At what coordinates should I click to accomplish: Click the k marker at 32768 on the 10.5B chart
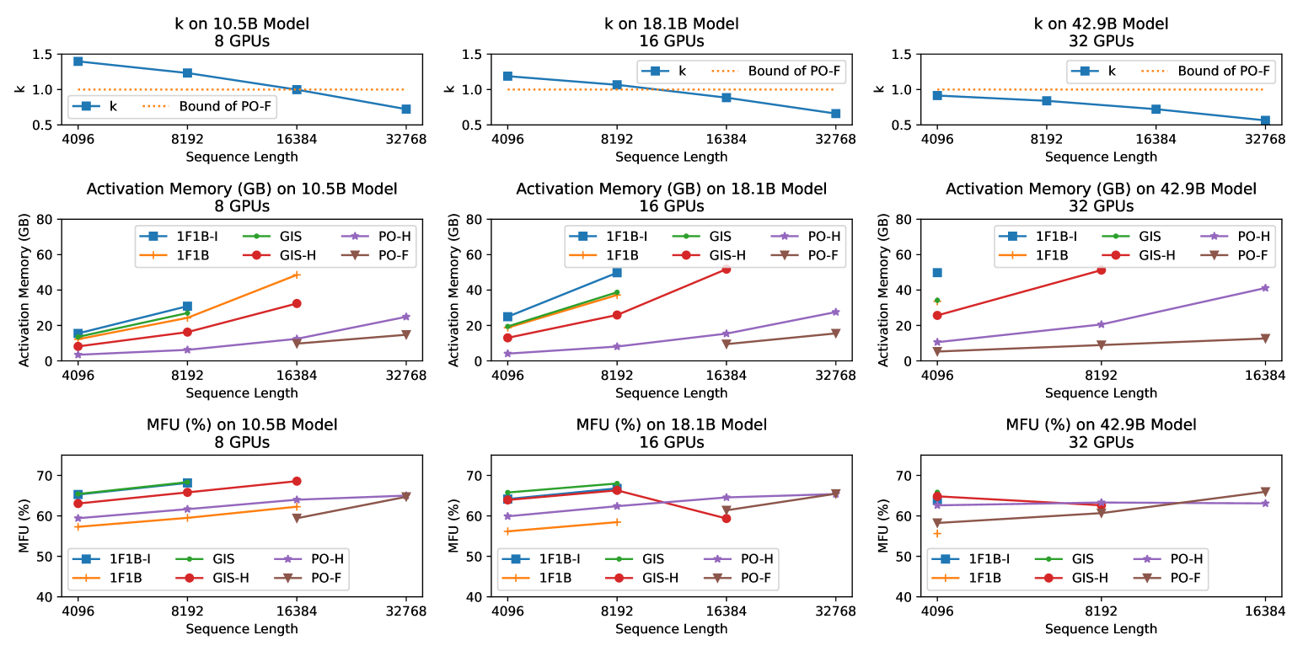tap(405, 109)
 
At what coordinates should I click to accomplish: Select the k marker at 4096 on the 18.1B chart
tap(507, 76)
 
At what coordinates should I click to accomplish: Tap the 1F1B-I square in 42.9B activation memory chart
tap(936, 272)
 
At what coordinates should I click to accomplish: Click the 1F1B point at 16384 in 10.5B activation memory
tap(297, 275)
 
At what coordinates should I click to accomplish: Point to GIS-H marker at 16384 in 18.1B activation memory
tap(726, 269)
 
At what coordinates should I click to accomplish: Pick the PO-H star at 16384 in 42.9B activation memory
tap(1264, 288)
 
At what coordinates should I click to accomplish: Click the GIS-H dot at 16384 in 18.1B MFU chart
tap(726, 518)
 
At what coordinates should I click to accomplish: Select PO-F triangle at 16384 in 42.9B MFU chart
tap(1264, 492)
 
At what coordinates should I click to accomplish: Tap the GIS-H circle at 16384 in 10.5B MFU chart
tap(297, 482)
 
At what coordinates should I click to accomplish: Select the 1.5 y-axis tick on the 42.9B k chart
tap(904, 55)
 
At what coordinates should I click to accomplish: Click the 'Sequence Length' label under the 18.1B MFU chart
tap(671, 628)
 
